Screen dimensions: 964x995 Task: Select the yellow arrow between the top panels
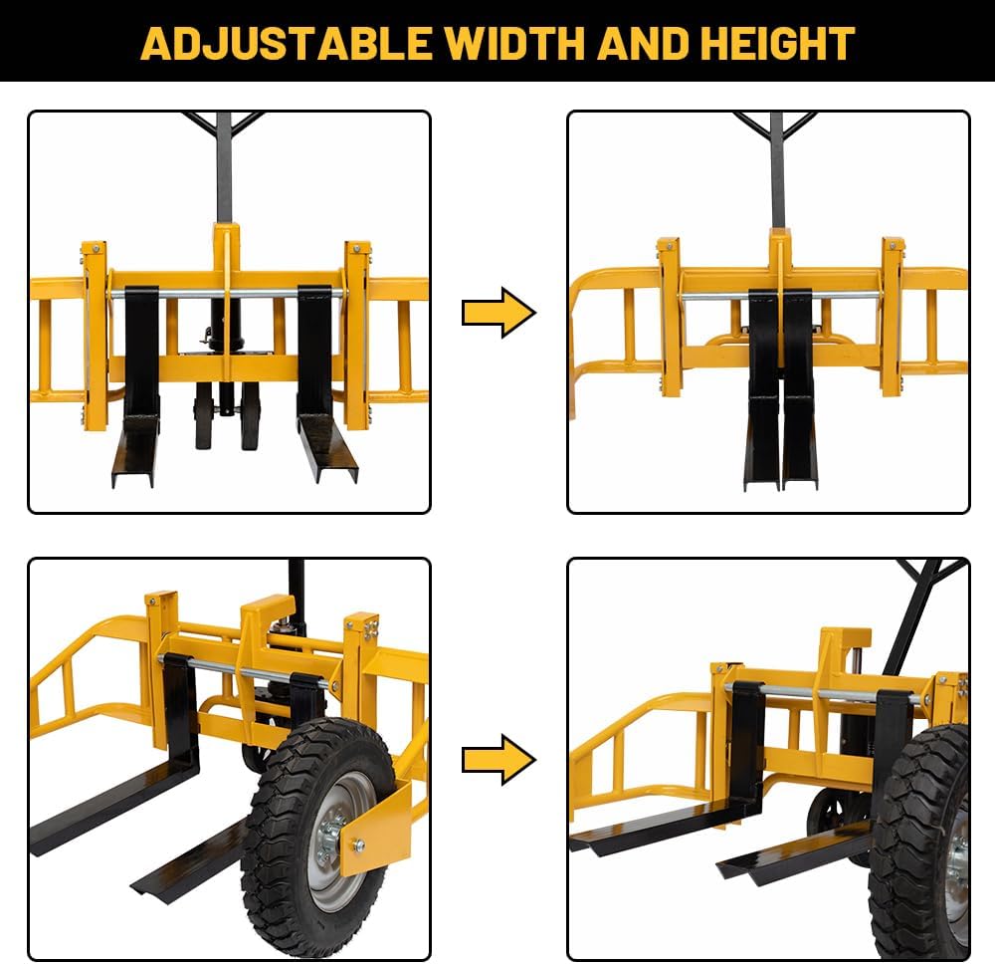click(498, 313)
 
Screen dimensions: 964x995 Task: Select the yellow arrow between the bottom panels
click(498, 760)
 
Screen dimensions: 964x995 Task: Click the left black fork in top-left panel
click(139, 388)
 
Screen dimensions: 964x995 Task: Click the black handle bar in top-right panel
click(777, 164)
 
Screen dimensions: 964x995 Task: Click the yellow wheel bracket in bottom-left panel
click(378, 827)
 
